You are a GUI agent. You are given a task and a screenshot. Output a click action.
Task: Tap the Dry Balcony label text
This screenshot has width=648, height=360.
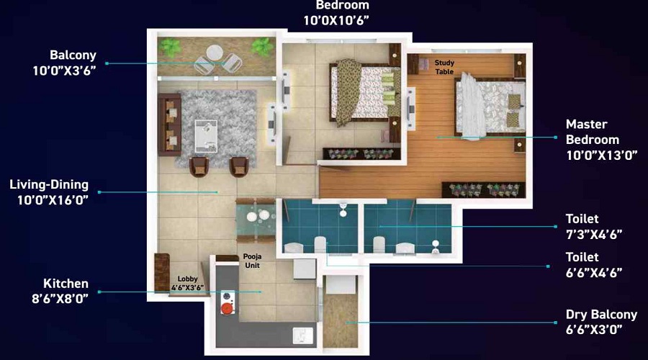click(x=602, y=322)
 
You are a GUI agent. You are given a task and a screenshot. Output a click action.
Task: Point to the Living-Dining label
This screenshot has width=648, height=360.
click(x=49, y=192)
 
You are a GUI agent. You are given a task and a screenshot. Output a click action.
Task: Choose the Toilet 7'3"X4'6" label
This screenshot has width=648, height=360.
click(x=593, y=226)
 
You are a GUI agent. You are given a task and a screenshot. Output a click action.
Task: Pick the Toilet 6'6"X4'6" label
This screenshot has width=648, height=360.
click(x=593, y=264)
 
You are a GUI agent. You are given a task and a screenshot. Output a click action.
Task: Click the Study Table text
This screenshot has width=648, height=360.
click(x=445, y=67)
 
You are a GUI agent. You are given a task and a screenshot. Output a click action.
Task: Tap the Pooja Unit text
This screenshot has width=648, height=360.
click(x=252, y=261)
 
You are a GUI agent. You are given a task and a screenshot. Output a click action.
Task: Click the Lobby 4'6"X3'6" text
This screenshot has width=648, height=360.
click(x=187, y=282)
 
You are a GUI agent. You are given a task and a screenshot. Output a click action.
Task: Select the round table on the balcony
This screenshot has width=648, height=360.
click(x=215, y=53)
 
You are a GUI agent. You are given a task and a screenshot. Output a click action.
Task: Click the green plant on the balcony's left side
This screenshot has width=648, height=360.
click(x=171, y=49)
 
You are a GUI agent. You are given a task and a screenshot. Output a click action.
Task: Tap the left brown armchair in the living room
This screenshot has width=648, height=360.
click(x=199, y=166)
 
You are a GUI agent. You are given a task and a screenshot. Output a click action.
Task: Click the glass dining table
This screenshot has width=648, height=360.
click(x=256, y=220)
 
